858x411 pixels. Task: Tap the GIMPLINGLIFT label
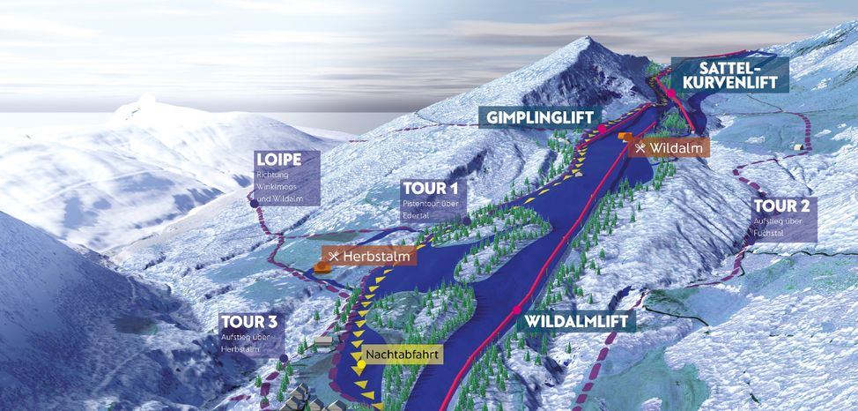pyautogui.click(x=540, y=117)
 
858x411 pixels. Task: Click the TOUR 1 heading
pyautogui.click(x=430, y=188)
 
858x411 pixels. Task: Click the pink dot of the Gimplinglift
pyautogui.click(x=603, y=130)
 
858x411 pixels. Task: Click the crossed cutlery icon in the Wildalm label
pyautogui.click(x=641, y=147)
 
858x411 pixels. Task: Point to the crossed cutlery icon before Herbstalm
pyautogui.click(x=334, y=257)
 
